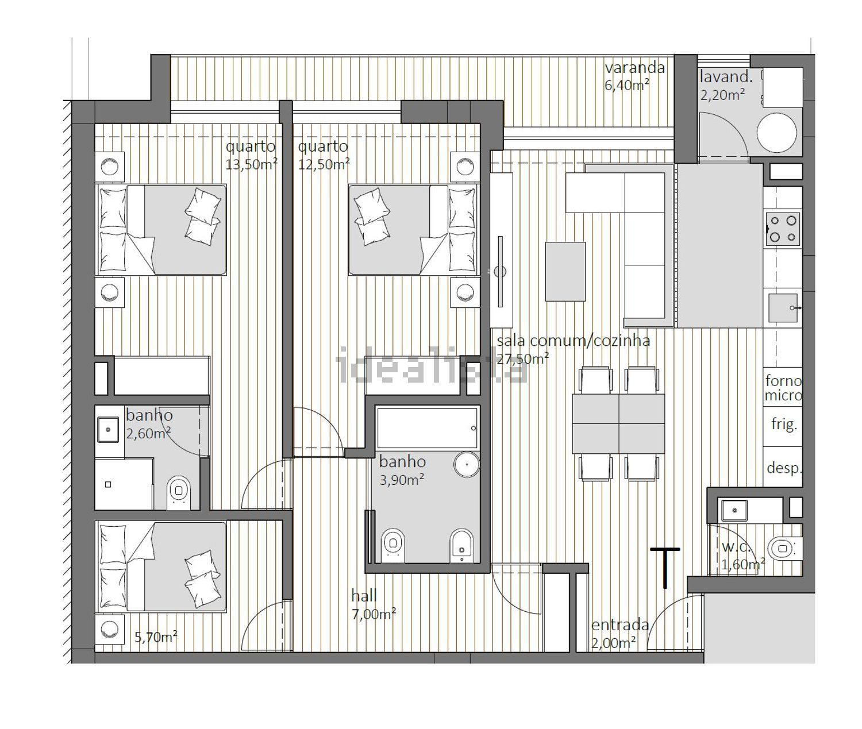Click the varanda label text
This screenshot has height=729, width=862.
pos(634,68)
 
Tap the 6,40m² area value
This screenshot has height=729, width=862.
pos(627,85)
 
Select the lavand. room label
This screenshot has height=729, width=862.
pos(726,77)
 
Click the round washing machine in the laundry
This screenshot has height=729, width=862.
pos(776,133)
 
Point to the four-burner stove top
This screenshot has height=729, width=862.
pos(783,229)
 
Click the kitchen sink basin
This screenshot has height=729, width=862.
pos(783,308)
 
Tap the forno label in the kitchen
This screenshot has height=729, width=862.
pos(784,380)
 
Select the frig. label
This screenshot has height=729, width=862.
pos(784,425)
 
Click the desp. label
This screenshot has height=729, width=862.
pos(784,469)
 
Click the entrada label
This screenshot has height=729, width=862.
pos(620,625)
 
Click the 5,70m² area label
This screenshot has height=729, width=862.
pos(156,637)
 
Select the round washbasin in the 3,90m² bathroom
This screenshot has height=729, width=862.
pos(467,464)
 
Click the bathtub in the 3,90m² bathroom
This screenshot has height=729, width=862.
pos(426,427)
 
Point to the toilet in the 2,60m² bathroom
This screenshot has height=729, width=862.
pos(179,493)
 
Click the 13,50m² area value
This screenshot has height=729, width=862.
pos(252,164)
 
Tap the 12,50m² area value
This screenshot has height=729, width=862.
pos(324,164)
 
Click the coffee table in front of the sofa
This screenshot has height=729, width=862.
pos(565,271)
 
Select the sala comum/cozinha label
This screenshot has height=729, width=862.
pos(573,341)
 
